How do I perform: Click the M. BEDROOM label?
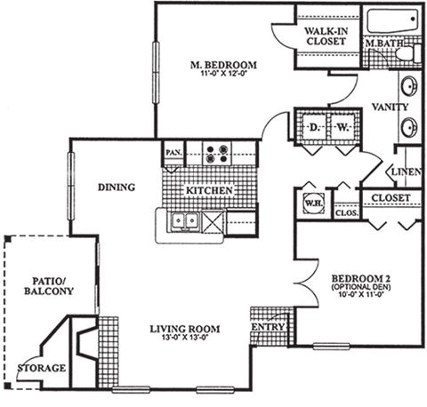point(225,65)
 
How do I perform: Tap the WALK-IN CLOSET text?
point(325,36)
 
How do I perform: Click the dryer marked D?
point(313,127)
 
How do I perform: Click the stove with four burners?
point(216,154)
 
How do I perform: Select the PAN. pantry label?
point(173,153)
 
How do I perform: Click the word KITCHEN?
point(210,191)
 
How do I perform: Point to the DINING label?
point(117,188)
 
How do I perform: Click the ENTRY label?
point(268,326)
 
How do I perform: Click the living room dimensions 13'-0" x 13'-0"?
point(184,338)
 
